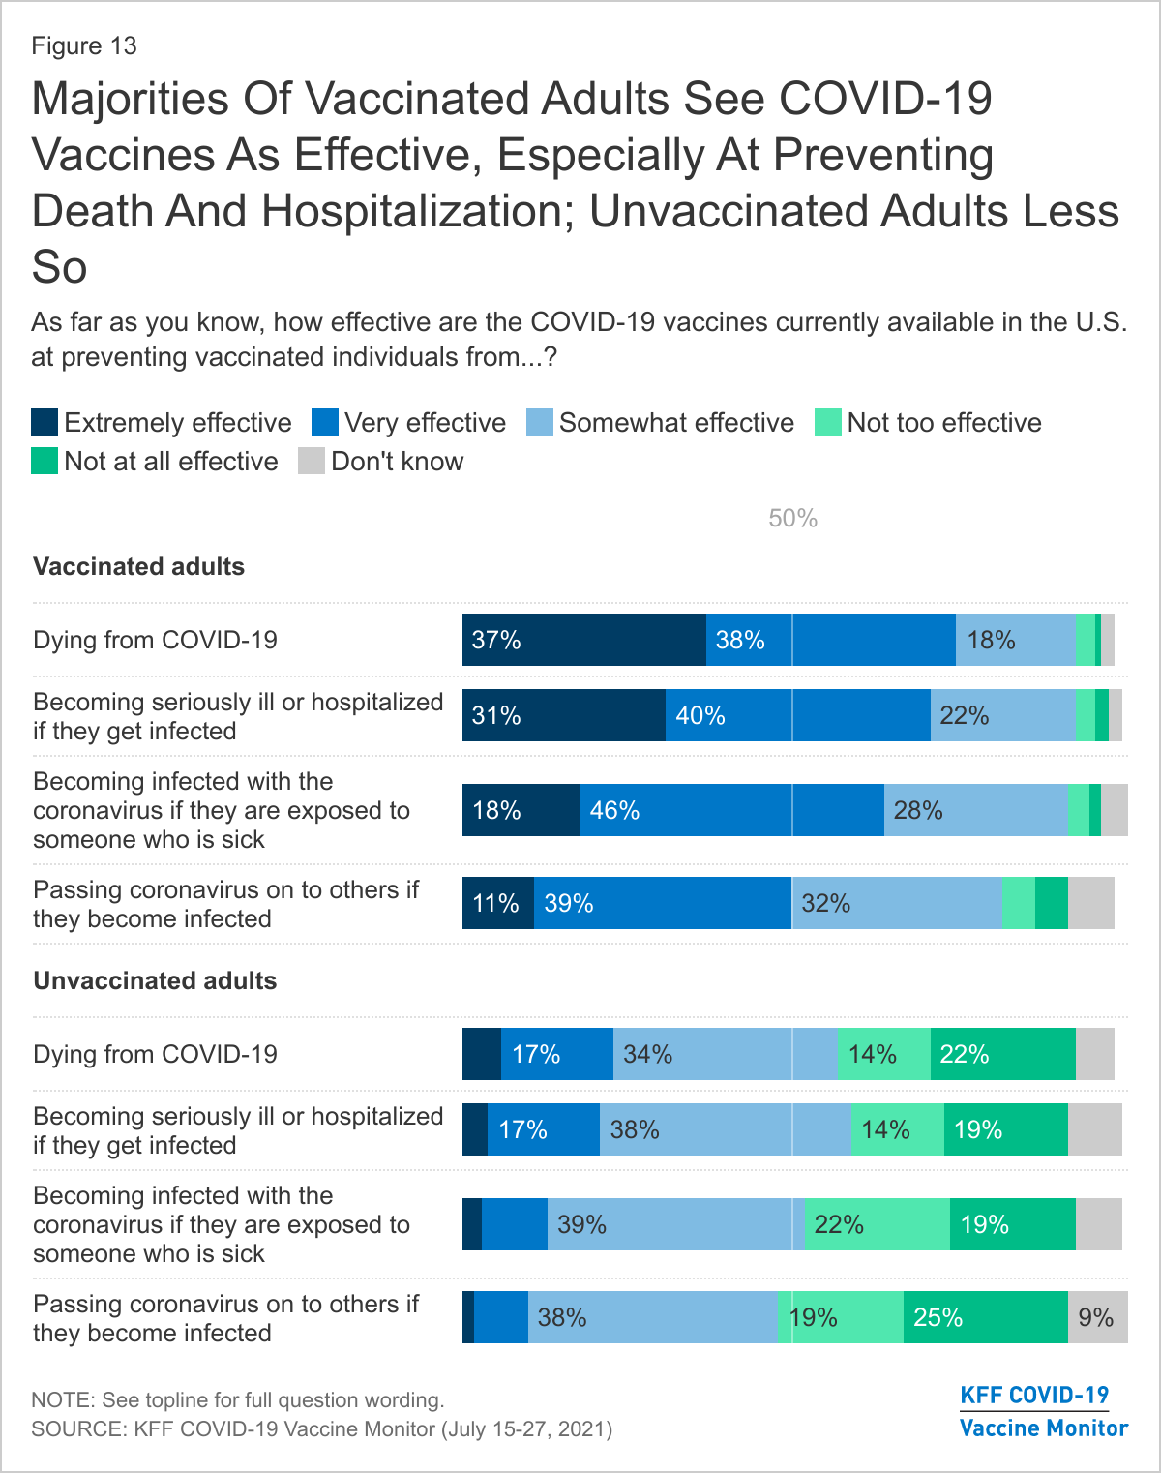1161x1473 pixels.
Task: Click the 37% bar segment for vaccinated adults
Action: click(583, 640)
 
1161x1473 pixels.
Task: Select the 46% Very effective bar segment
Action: click(731, 810)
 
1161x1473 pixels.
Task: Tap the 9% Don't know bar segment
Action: click(1097, 1317)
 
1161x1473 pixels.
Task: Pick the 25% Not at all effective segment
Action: click(985, 1317)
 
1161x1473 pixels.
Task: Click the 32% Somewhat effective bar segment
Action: click(897, 903)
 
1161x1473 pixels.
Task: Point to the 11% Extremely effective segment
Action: click(497, 903)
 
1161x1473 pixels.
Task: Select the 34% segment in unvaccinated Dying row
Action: click(725, 1054)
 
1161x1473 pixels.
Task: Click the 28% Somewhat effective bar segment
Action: click(975, 810)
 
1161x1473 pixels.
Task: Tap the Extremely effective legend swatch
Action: click(45, 423)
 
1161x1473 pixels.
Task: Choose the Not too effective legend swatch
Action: click(828, 423)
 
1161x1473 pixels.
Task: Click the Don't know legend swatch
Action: click(312, 462)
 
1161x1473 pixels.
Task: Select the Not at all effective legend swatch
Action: click(45, 462)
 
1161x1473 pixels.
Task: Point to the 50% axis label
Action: click(792, 519)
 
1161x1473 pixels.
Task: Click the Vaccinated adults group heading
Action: click(138, 566)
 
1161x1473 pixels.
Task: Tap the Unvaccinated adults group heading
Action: click(155, 980)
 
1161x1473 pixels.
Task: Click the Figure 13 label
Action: click(84, 46)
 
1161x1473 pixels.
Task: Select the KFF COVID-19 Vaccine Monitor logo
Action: click(1043, 1411)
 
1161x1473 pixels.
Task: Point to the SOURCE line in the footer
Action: click(321, 1428)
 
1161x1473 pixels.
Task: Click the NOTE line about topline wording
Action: click(238, 1399)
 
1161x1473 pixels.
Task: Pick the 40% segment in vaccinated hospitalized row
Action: click(797, 715)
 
